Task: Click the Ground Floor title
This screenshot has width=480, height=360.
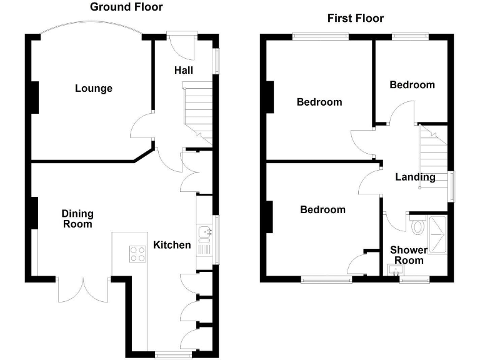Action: [126, 7]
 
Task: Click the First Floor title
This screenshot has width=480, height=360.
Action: [356, 18]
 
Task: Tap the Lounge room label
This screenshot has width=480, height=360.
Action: [94, 89]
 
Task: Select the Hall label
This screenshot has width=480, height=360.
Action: [184, 70]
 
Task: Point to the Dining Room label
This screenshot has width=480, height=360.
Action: [77, 219]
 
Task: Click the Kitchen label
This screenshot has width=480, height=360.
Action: [172, 245]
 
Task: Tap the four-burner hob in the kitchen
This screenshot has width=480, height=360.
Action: [137, 254]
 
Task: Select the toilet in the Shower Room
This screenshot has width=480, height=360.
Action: [418, 225]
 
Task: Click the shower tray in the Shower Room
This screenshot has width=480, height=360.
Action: [437, 235]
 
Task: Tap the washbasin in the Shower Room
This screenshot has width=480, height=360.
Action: [396, 270]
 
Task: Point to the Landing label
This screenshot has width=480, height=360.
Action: [415, 177]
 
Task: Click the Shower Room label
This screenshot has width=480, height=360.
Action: [409, 255]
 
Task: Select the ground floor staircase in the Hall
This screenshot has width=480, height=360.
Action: [197, 112]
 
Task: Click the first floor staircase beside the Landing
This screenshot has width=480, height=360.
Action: [433, 156]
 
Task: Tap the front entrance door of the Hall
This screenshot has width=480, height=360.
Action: [182, 46]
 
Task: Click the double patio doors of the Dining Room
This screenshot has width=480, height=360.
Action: [83, 289]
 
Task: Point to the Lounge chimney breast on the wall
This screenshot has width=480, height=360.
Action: [35, 97]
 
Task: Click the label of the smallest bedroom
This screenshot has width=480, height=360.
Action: [412, 85]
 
